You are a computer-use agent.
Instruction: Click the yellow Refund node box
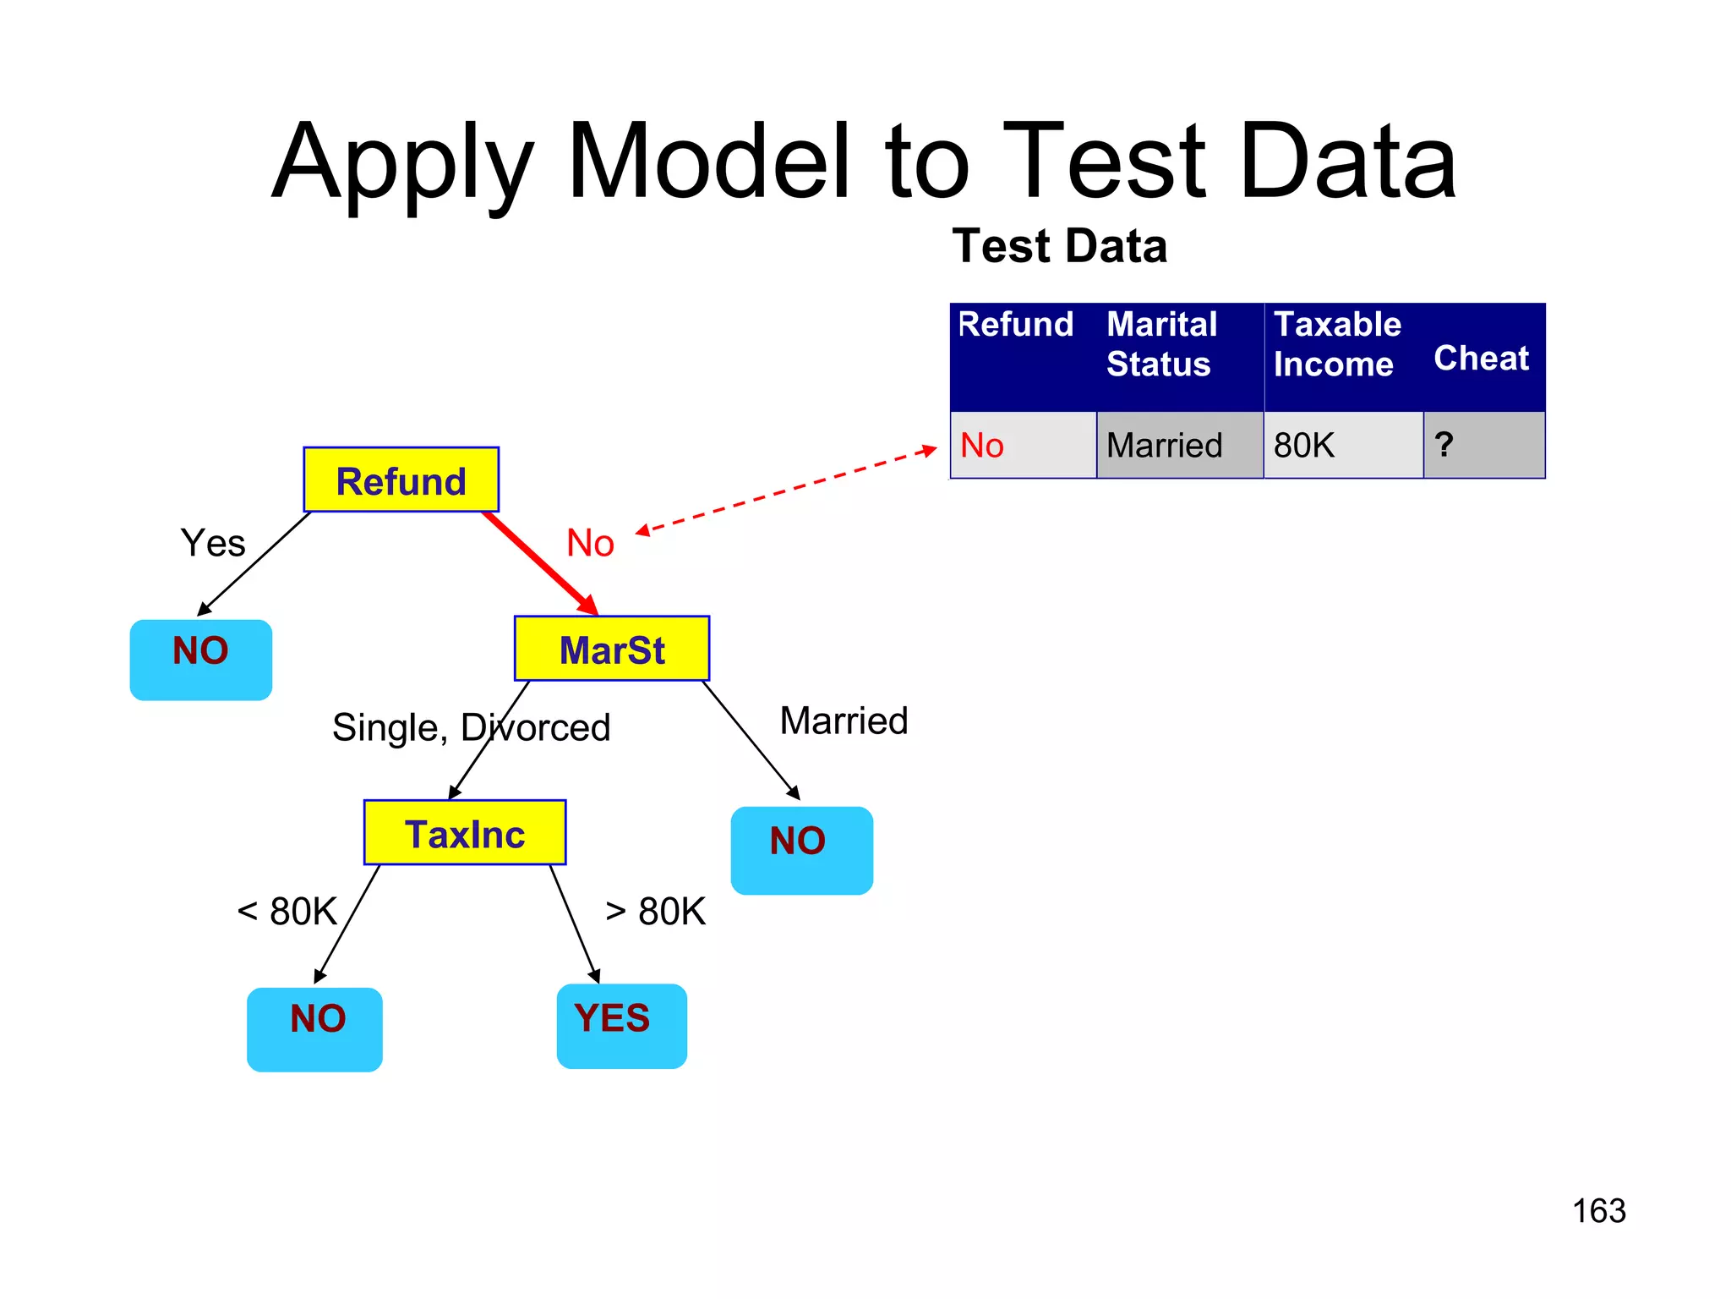pos(401,480)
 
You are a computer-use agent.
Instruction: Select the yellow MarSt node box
pos(612,649)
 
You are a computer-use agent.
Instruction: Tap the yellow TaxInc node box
pos(464,832)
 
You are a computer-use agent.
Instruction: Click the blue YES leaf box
pos(621,1025)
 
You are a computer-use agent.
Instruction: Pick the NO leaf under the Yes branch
pos(200,660)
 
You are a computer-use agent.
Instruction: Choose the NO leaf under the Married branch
pos(801,849)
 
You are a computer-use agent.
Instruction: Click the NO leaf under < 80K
pos(314,1028)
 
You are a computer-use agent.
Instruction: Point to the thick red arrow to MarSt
pos(541,562)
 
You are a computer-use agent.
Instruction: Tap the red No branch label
pos(590,543)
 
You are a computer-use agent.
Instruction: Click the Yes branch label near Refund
pos(213,543)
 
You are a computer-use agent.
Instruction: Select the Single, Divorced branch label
pos(471,727)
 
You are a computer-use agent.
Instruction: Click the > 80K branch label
pos(655,912)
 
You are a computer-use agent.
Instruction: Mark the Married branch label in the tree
pos(844,721)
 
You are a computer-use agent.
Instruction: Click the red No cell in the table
pos(982,446)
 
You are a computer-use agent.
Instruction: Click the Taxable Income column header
pos(1337,344)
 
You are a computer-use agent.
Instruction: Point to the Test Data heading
pos(1059,246)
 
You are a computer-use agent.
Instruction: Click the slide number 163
pos(1598,1211)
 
